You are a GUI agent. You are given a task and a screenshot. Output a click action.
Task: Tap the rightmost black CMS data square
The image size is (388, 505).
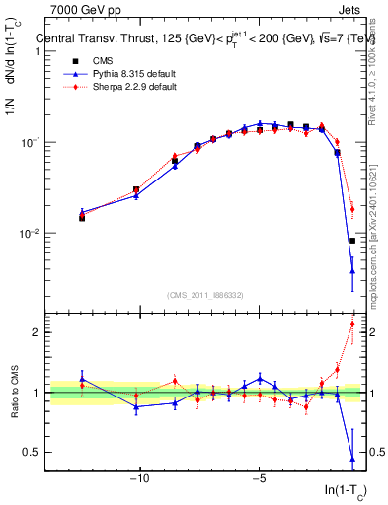352,241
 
